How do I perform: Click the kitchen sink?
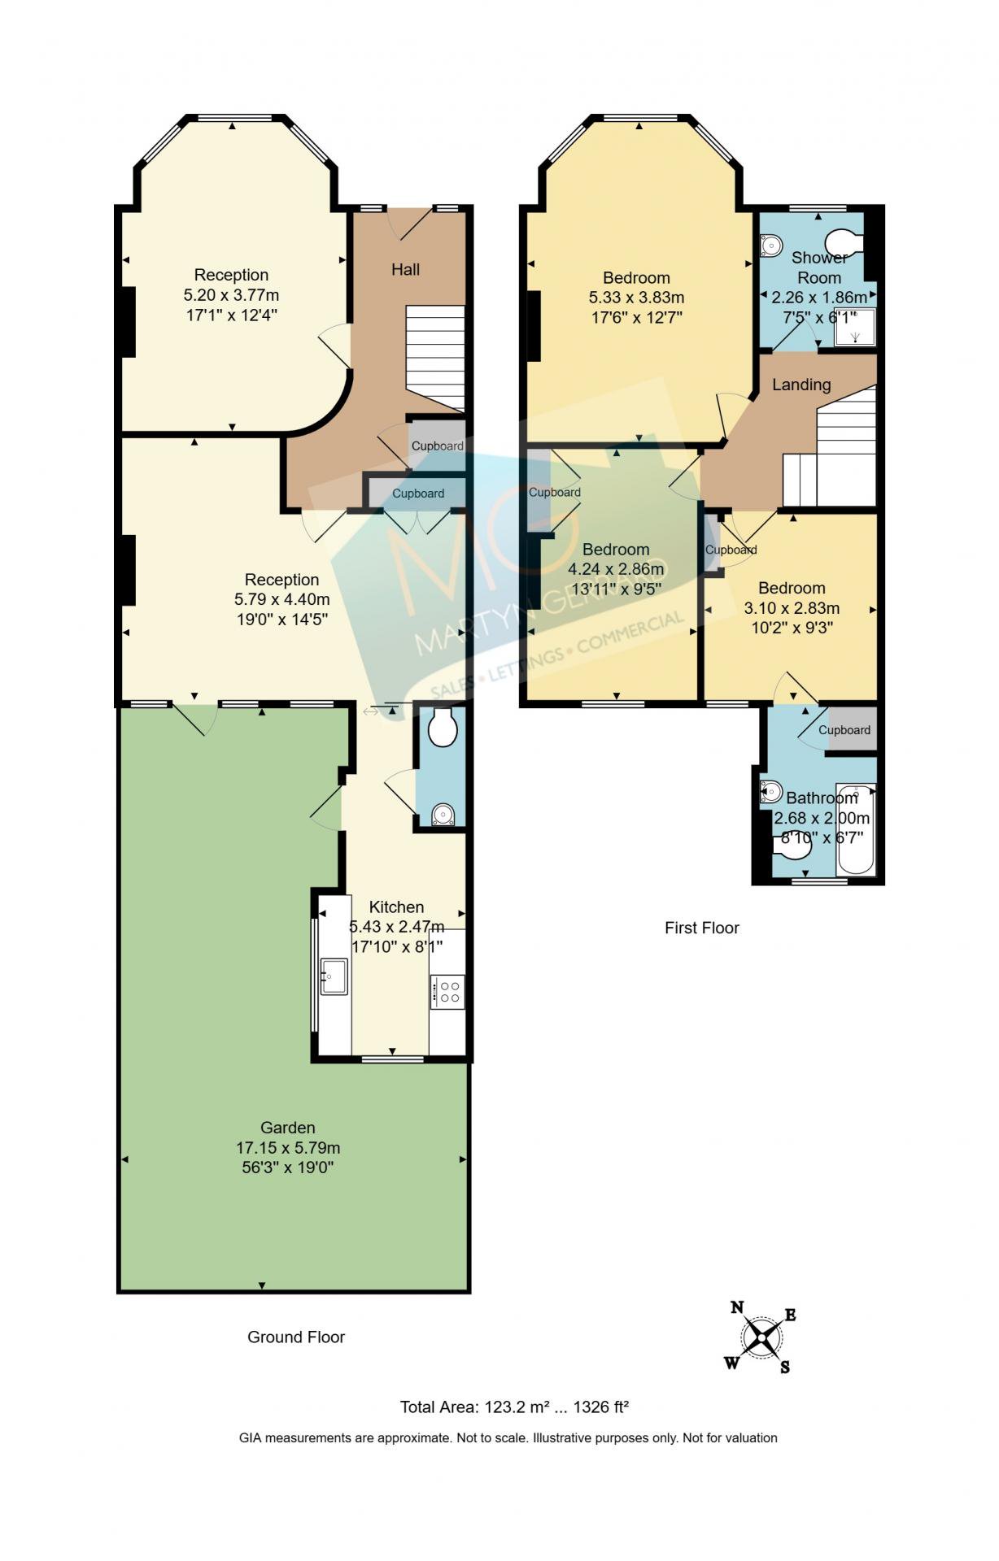[334, 976]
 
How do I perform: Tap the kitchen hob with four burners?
[447, 992]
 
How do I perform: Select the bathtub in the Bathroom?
[857, 829]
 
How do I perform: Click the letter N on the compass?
[737, 1307]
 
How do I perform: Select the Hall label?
[406, 269]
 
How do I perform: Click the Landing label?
[801, 385]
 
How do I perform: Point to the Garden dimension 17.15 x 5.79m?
[288, 1148]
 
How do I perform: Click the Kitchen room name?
[396, 907]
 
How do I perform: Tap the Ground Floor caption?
[296, 1337]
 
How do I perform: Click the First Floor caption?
[702, 928]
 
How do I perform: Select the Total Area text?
[515, 1407]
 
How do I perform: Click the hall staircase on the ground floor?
[435, 358]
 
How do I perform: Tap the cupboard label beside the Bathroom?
[844, 730]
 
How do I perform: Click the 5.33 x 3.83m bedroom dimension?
[636, 298]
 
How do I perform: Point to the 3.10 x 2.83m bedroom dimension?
[792, 608]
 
